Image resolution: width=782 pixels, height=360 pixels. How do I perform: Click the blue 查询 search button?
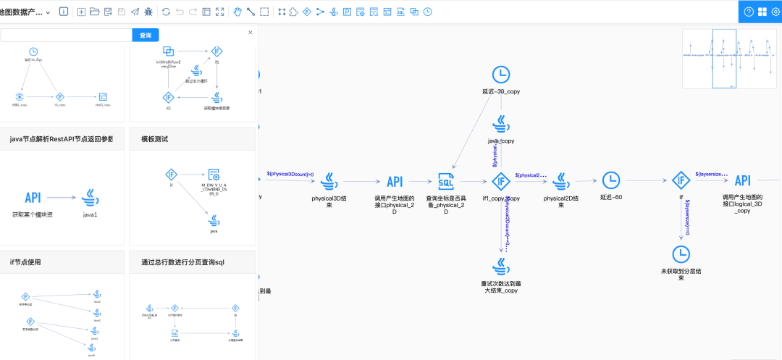pos(146,35)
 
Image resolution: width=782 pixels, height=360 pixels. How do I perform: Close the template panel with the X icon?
pos(251,33)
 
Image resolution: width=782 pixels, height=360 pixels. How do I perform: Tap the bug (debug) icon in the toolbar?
pos(148,12)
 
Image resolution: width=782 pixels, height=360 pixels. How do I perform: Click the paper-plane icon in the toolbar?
pos(135,12)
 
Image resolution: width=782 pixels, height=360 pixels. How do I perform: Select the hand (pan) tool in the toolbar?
pos(237,12)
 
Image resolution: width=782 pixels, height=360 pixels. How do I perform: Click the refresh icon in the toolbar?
pos(167,12)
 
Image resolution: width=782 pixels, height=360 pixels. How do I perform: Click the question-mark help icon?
pos(749,12)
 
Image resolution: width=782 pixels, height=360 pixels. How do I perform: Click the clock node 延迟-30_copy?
pos(501,75)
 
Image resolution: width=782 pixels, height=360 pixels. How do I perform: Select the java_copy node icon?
pos(501,122)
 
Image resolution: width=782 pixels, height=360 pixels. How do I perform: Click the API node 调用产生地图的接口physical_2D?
pos(395,181)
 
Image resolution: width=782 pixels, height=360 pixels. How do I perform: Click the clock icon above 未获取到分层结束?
pos(681,254)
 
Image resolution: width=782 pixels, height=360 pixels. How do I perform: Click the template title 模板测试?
pos(151,138)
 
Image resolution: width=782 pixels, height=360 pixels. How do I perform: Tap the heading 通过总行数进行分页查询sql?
pos(178,261)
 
